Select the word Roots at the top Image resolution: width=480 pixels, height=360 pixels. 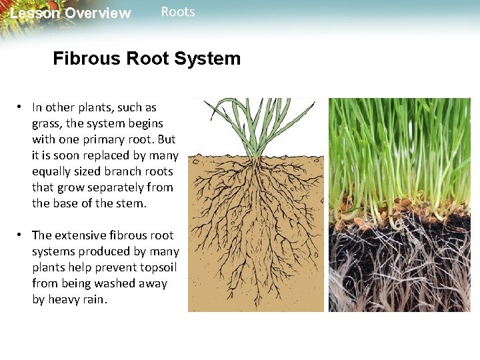coord(178,12)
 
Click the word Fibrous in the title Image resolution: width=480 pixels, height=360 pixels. coord(84,59)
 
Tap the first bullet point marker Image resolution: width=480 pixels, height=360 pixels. coord(21,107)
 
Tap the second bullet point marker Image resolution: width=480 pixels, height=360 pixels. coord(21,235)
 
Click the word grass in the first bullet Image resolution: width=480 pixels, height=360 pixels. coord(45,123)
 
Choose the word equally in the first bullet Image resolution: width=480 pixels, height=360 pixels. coord(51,171)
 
